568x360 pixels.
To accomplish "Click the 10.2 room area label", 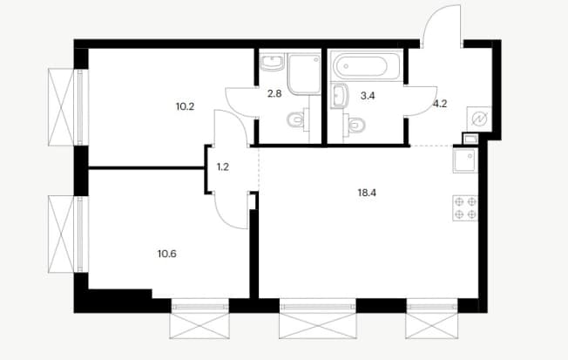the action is (185, 106).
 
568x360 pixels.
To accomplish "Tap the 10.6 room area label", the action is (167, 254).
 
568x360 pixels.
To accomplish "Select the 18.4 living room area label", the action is (367, 193).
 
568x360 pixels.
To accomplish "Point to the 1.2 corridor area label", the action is (223, 167).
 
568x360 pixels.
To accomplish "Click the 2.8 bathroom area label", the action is (274, 94).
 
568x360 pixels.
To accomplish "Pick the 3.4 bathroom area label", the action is (368, 96).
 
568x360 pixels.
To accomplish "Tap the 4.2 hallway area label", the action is (440, 104).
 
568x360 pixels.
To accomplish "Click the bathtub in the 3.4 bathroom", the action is (366, 67).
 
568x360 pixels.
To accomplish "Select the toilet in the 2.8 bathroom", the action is (298, 120).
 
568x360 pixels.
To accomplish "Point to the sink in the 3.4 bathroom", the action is (340, 96).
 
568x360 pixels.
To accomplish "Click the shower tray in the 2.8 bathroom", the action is (304, 74).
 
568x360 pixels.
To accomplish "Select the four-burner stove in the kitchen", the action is (465, 208).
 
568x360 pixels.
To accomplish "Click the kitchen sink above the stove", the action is (465, 160).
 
